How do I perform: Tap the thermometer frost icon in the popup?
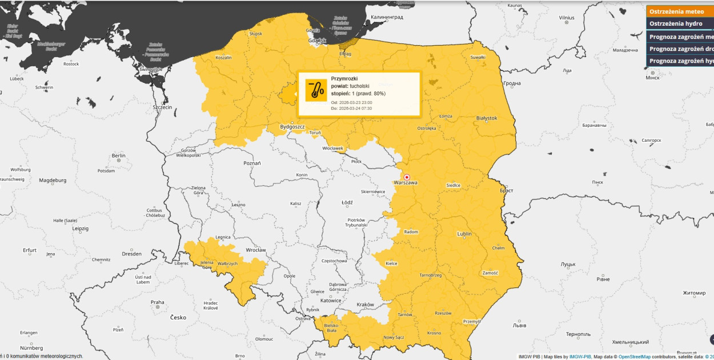(x=316, y=90)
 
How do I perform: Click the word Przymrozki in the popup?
(x=344, y=78)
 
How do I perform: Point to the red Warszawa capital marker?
(x=407, y=177)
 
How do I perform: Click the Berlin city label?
(x=119, y=155)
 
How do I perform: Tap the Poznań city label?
(x=252, y=163)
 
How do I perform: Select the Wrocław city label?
(x=255, y=250)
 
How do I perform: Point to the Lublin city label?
(x=464, y=234)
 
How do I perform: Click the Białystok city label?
(x=487, y=118)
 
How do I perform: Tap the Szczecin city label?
(x=162, y=107)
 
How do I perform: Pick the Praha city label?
(x=157, y=302)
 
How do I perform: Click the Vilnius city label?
(x=567, y=18)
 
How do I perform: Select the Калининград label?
(x=387, y=17)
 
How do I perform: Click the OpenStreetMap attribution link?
(x=634, y=357)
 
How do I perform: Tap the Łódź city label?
(x=347, y=202)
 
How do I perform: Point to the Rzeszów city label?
(x=443, y=313)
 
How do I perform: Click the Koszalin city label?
(x=223, y=57)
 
